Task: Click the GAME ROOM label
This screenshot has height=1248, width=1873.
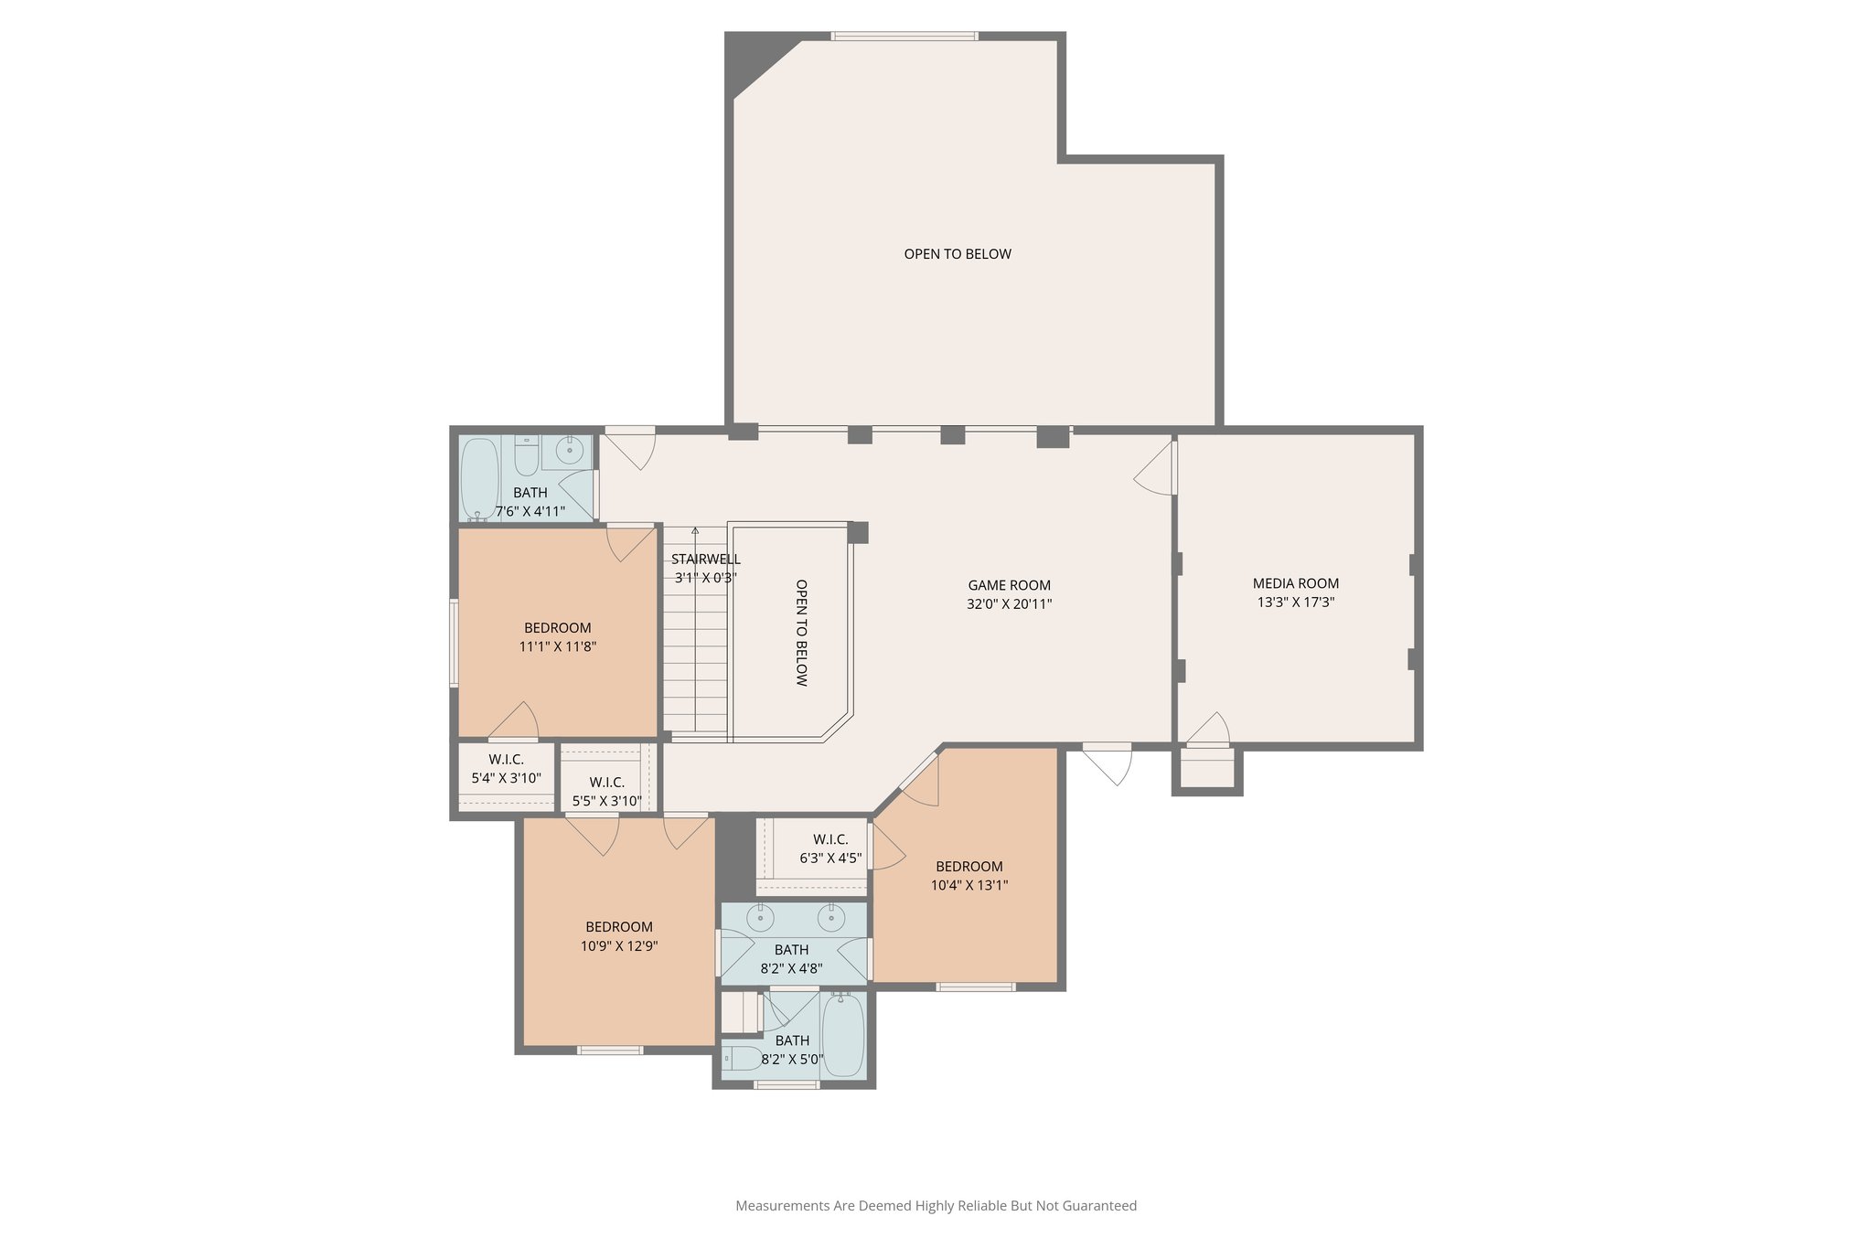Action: point(1009,585)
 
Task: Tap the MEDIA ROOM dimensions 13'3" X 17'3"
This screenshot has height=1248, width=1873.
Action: point(1294,603)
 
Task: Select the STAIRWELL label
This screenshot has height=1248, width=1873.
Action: point(705,560)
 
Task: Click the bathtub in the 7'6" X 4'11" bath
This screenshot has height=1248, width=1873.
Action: point(479,477)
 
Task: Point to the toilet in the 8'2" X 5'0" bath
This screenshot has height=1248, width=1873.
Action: point(742,1059)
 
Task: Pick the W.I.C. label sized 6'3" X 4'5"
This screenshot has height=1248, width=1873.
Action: point(830,839)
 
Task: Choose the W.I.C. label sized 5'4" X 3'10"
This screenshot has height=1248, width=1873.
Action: point(506,760)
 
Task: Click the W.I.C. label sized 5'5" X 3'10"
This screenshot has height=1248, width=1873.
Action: point(606,783)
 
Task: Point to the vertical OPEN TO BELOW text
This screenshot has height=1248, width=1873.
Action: point(801,633)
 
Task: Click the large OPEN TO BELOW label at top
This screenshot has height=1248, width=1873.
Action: point(958,254)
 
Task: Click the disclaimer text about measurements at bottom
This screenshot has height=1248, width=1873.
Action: point(936,1206)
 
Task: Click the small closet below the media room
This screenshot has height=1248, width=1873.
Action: point(1206,769)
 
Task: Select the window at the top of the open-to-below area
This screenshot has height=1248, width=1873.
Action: point(904,37)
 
